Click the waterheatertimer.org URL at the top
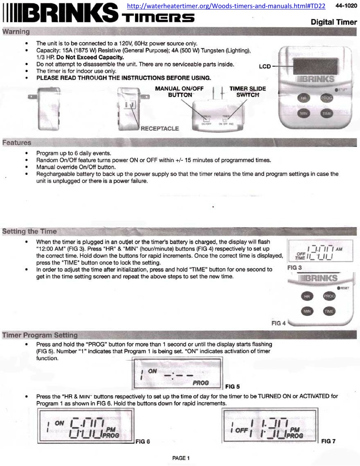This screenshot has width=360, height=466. pos(225,6)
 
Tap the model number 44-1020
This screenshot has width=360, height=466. pos(346,6)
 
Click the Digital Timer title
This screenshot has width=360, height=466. pos(333,22)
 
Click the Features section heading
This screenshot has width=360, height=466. pos(17,143)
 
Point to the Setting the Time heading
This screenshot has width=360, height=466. pos(30,231)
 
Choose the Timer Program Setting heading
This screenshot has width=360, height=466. pos(40,335)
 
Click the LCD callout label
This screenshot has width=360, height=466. pos(265,66)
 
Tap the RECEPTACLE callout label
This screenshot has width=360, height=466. pos(160,129)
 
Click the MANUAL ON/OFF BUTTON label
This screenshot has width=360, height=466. pos(180,91)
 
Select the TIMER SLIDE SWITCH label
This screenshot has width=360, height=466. pos(247,91)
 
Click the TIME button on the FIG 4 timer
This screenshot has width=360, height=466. pos(329,311)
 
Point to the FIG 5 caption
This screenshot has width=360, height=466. pos(232,387)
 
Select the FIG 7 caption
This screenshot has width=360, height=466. pos(328,441)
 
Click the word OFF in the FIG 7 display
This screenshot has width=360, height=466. pos(241,431)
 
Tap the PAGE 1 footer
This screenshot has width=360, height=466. pos(181,458)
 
